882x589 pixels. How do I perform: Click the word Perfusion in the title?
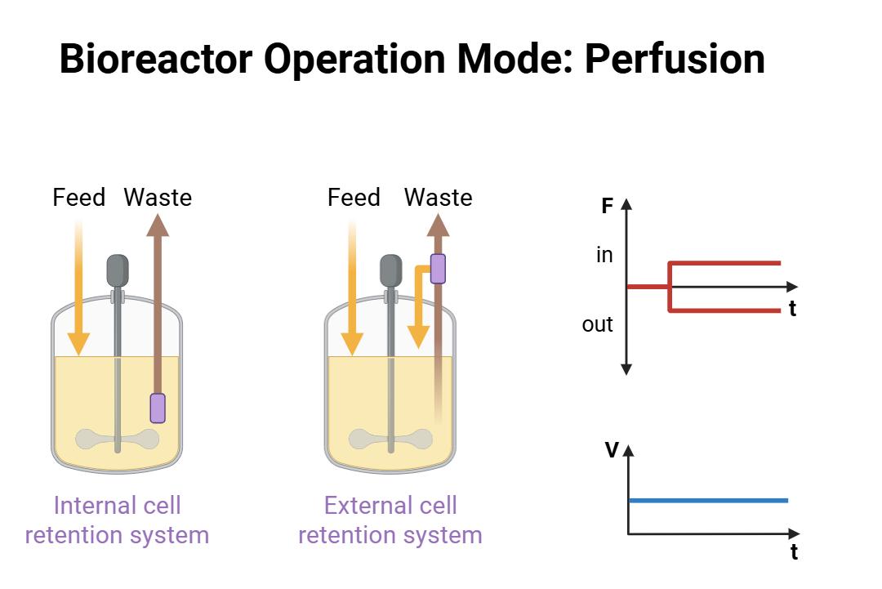tap(675, 59)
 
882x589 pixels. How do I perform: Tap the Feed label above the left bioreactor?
tap(79, 198)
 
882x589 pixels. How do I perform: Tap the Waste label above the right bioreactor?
tap(438, 198)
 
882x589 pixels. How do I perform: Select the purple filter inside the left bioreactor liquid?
tap(158, 408)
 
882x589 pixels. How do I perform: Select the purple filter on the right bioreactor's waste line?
tap(438, 268)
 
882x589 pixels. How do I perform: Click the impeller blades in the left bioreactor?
tap(117, 440)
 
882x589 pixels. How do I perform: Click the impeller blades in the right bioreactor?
tap(390, 440)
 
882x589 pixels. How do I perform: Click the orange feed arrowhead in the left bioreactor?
tap(78, 342)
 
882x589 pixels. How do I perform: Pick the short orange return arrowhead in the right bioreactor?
tap(418, 335)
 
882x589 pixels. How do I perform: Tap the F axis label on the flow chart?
tap(607, 207)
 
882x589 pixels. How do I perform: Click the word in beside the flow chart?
tap(604, 256)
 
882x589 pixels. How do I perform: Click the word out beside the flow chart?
tap(597, 324)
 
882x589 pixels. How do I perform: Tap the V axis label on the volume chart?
tap(611, 450)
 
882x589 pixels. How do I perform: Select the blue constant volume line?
tap(708, 500)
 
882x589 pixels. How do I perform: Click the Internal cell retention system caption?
tap(117, 520)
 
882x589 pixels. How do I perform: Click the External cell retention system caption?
tap(390, 520)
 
